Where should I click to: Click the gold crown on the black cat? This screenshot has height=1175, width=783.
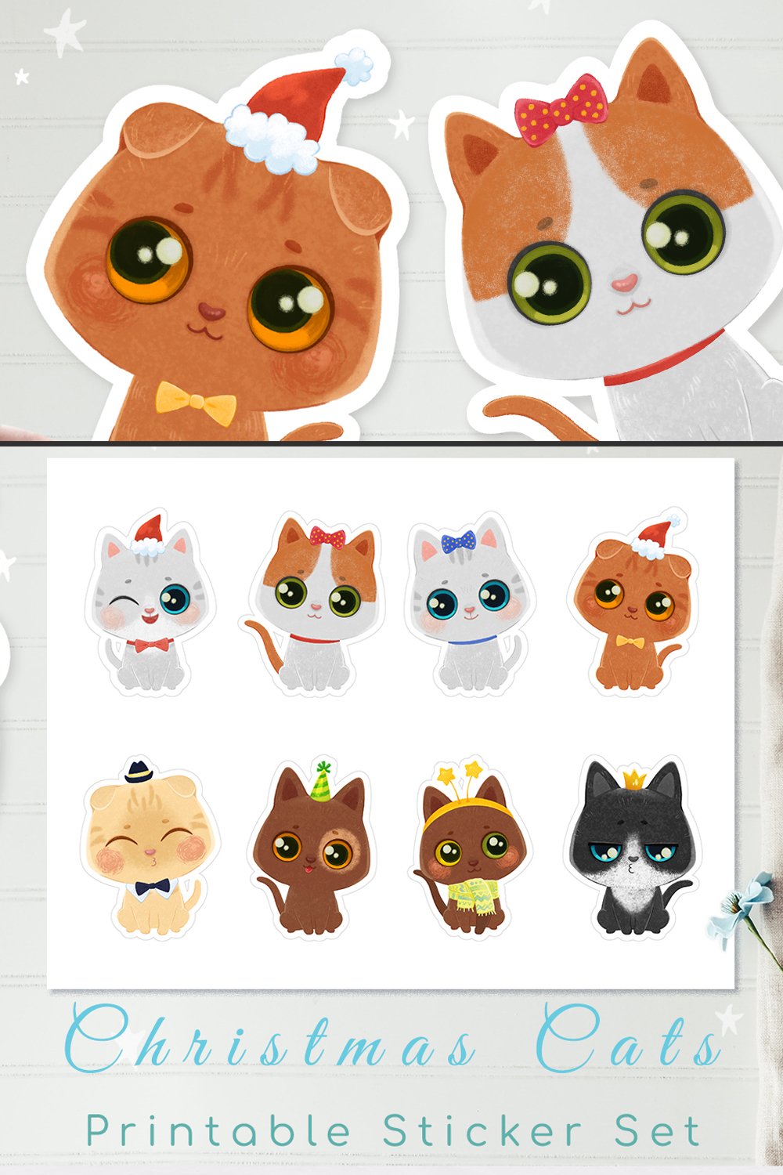click(633, 779)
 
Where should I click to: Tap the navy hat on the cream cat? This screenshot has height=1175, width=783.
click(141, 771)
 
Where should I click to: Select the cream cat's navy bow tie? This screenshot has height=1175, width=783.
click(152, 888)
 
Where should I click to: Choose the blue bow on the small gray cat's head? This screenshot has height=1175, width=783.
click(458, 540)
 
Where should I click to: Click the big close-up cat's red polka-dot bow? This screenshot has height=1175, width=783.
click(561, 110)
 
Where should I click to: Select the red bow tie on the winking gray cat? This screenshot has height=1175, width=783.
click(153, 645)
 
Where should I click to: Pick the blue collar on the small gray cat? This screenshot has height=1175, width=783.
click(468, 644)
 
